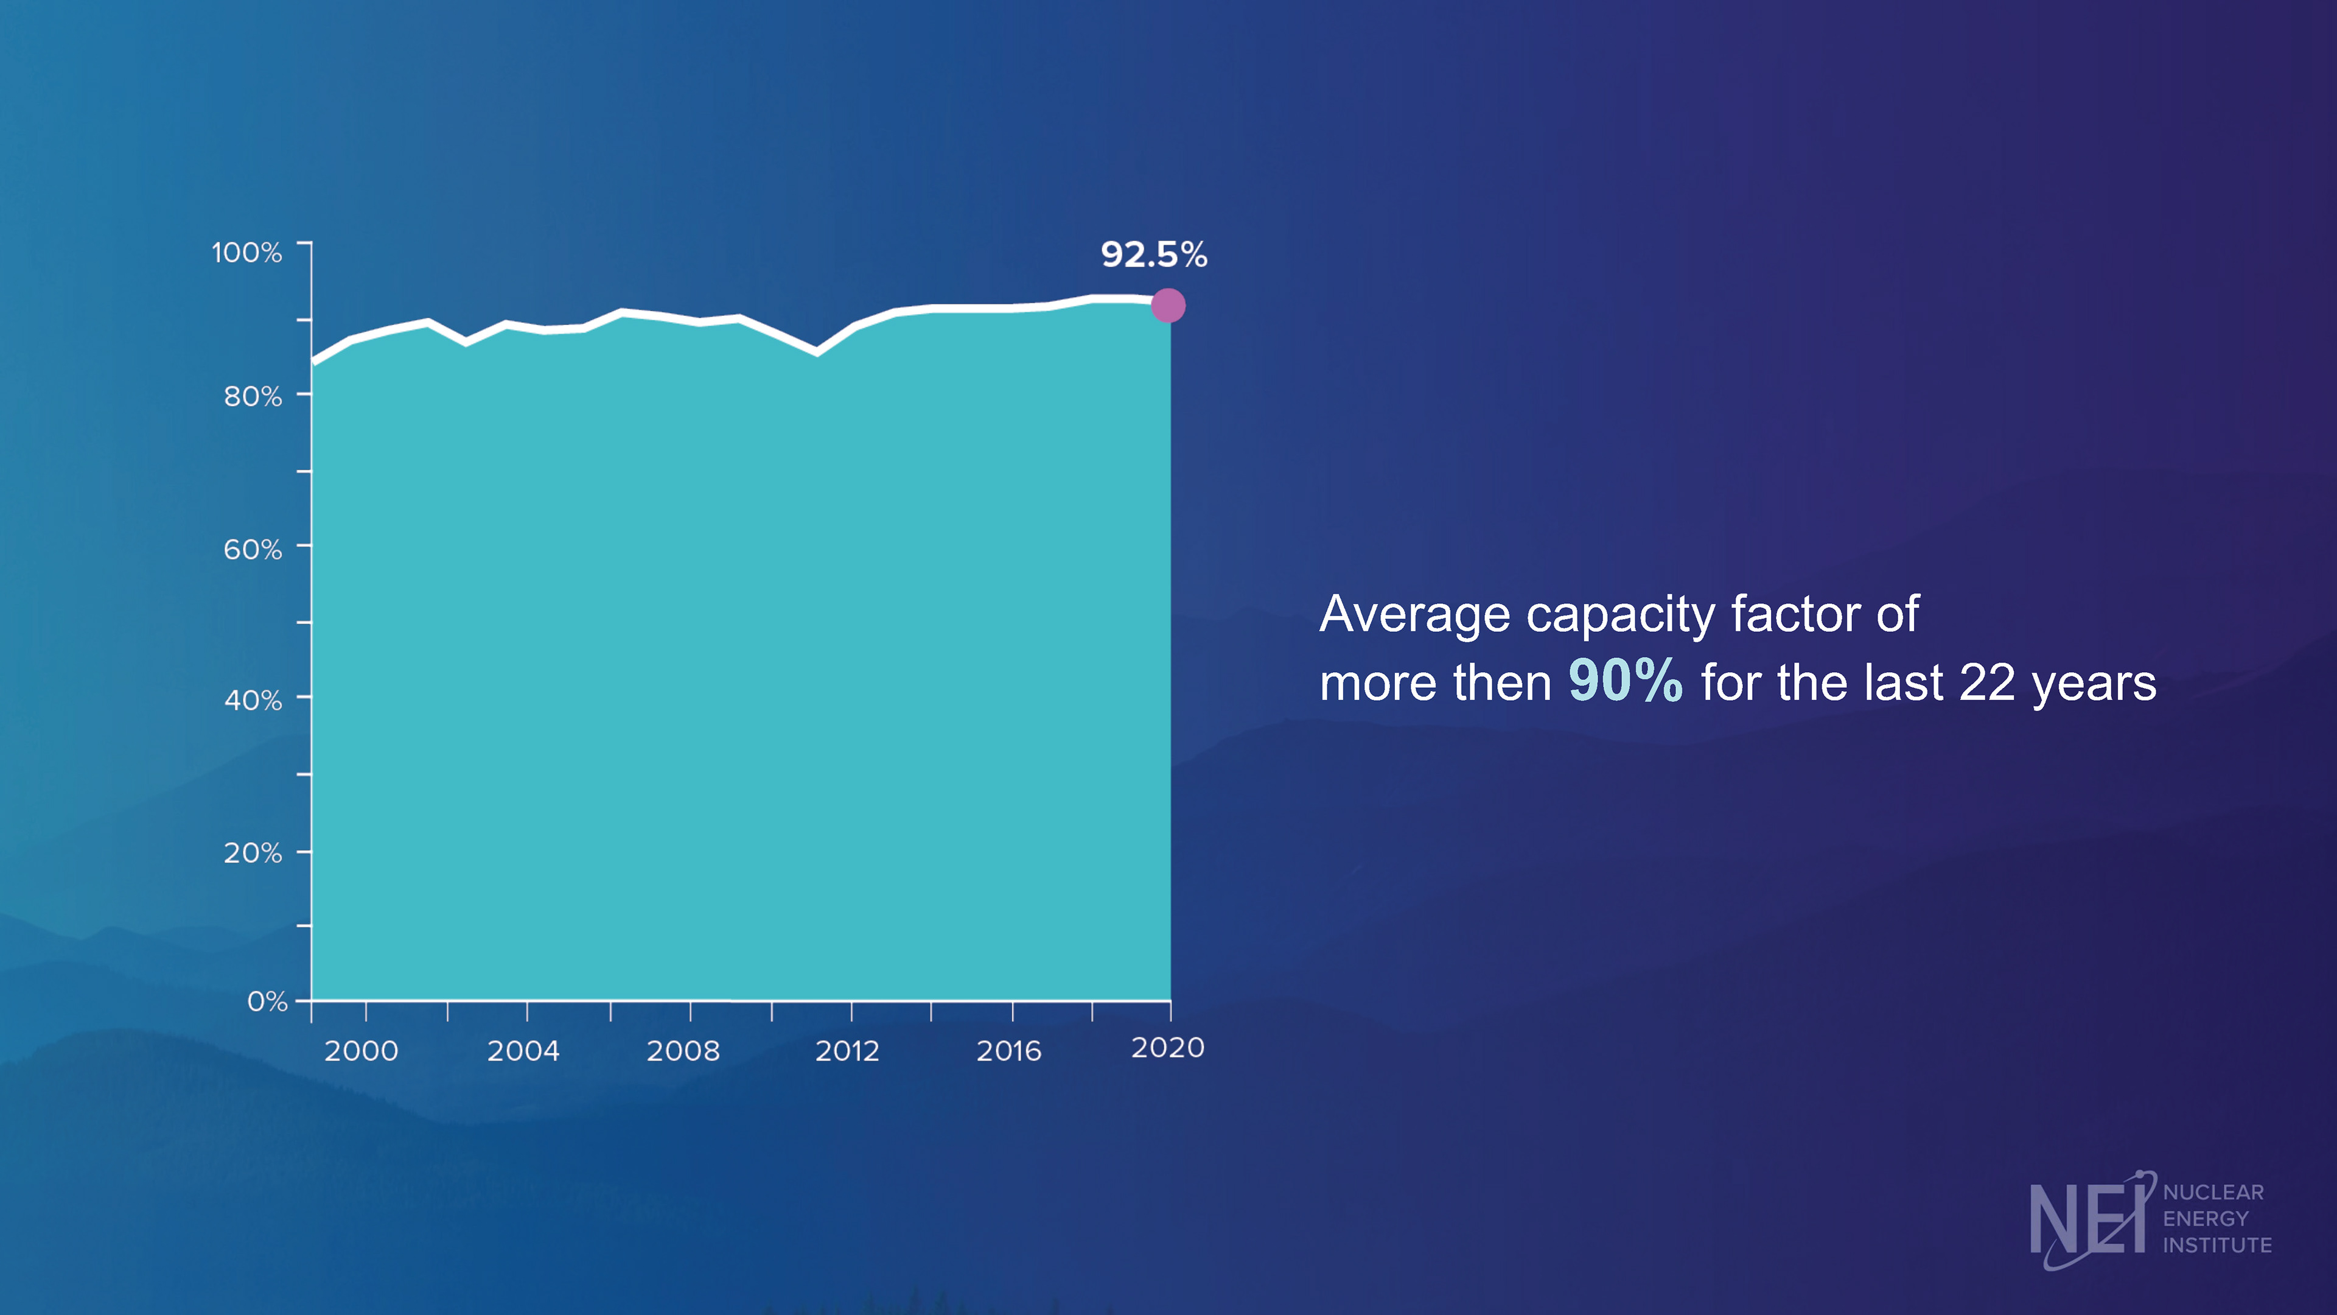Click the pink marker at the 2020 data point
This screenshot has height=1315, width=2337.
pyautogui.click(x=1168, y=306)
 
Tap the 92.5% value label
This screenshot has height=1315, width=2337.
pyautogui.click(x=1154, y=255)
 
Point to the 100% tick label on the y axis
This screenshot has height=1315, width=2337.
pyautogui.click(x=246, y=252)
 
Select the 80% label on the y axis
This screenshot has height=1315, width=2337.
pyautogui.click(x=253, y=396)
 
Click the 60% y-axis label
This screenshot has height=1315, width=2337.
pyautogui.click(x=253, y=549)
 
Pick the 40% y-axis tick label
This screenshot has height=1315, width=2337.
pyautogui.click(x=253, y=701)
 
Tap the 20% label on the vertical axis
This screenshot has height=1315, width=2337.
pyautogui.click(x=253, y=853)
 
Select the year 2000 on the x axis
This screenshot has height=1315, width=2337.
pyautogui.click(x=361, y=1051)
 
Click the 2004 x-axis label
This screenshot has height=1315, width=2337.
pyautogui.click(x=523, y=1051)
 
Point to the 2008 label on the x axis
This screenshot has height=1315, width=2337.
pyautogui.click(x=683, y=1051)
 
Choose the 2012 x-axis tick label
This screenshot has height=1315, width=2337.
pyautogui.click(x=847, y=1051)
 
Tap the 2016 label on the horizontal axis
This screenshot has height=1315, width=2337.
pyautogui.click(x=1009, y=1051)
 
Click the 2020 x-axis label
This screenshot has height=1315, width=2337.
pyautogui.click(x=1168, y=1048)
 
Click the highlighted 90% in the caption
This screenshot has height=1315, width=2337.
pyautogui.click(x=1625, y=681)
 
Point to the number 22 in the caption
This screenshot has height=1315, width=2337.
pyautogui.click(x=1987, y=682)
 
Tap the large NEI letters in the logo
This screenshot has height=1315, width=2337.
pyautogui.click(x=2087, y=1219)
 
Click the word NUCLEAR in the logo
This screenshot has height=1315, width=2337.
pyautogui.click(x=2213, y=1193)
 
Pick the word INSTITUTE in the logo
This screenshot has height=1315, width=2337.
pyautogui.click(x=2217, y=1245)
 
